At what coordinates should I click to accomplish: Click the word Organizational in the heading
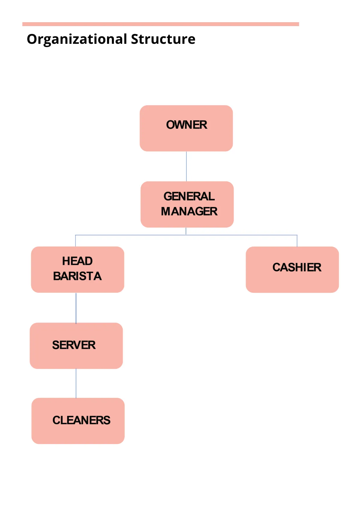(77, 39)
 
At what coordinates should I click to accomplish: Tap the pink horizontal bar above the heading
(160, 24)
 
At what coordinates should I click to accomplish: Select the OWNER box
(186, 128)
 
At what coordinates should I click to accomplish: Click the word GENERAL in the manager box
(189, 196)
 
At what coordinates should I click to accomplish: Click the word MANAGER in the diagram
(189, 211)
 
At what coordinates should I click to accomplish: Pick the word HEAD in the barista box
(77, 261)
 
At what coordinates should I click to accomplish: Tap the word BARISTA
(77, 276)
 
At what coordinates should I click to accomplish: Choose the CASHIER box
(292, 270)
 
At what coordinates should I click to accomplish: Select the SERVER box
(76, 346)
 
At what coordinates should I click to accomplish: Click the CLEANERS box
(78, 421)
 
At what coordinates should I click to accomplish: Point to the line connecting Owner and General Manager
(186, 166)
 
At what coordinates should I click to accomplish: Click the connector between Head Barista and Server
(76, 308)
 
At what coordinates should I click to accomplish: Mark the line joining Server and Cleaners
(76, 383)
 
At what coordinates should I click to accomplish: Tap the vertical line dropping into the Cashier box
(297, 241)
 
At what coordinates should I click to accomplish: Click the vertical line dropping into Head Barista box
(75, 241)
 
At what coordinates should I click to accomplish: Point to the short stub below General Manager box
(186, 231)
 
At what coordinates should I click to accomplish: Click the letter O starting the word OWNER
(171, 125)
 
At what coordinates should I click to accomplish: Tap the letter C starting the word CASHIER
(276, 267)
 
